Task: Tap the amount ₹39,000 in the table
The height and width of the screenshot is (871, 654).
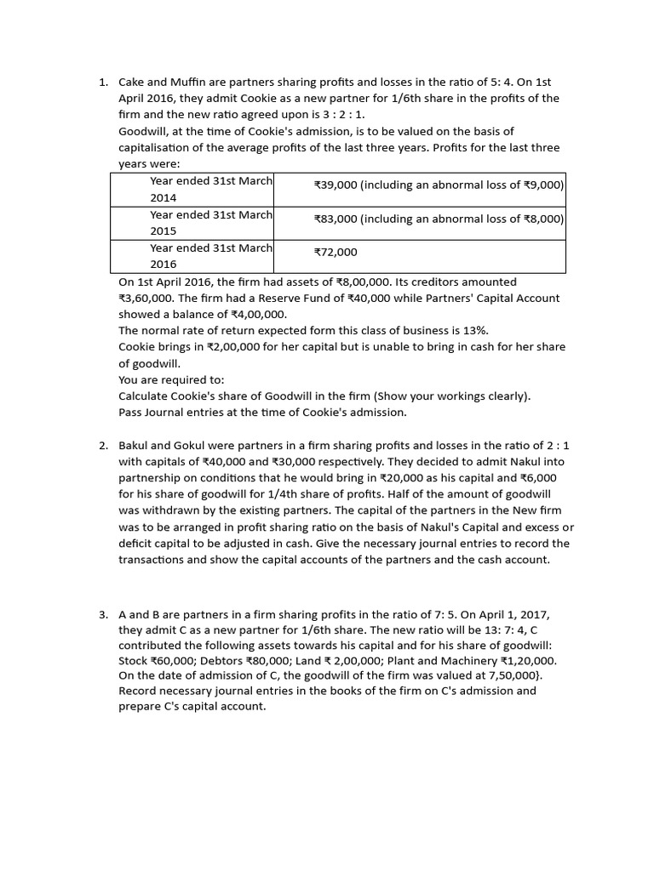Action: click(336, 185)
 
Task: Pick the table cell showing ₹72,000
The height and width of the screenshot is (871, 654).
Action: click(336, 252)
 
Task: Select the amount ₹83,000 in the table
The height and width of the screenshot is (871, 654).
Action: click(336, 219)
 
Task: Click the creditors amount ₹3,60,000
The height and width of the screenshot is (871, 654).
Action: click(146, 299)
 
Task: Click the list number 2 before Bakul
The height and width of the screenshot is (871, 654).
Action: click(103, 446)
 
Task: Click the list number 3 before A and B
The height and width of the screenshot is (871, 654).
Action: click(103, 613)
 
